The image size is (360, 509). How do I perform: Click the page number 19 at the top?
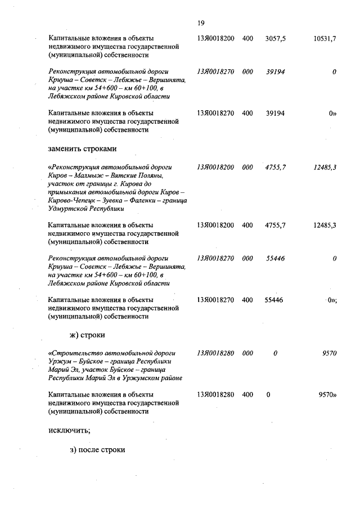[x=201, y=23]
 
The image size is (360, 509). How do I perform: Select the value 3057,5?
[x=275, y=38]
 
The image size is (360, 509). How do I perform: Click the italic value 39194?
[x=275, y=73]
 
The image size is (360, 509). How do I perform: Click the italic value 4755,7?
[x=275, y=168]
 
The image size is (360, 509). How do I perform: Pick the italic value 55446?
[x=275, y=258]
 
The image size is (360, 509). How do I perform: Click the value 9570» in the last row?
[x=327, y=394]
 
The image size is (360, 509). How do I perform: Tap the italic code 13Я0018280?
[x=215, y=353]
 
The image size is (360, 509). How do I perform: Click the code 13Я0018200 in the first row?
[x=215, y=38]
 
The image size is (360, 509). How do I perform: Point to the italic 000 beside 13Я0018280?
[x=247, y=353]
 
